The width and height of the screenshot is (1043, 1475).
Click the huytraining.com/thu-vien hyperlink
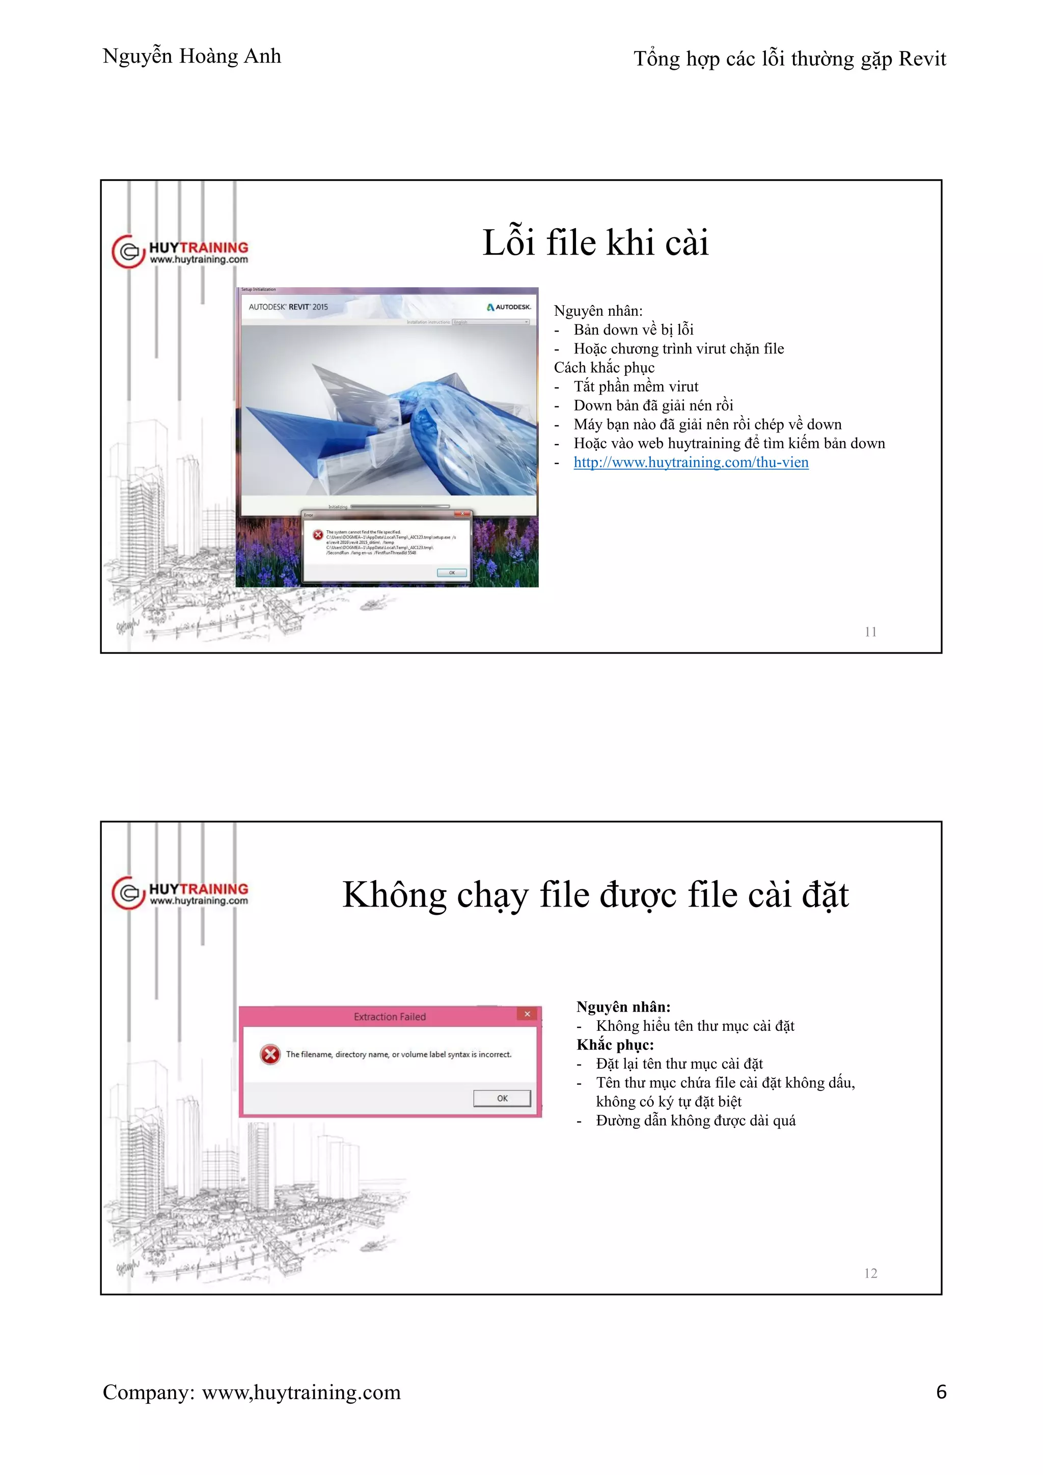coord(691,462)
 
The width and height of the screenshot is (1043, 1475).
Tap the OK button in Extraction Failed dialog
coord(502,1099)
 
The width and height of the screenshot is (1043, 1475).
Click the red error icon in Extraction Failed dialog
coord(270,1054)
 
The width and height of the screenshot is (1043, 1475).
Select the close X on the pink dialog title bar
coord(527,1015)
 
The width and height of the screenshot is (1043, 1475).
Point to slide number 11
coord(870,632)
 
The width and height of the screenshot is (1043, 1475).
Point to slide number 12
coord(870,1273)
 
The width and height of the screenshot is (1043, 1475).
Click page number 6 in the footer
coord(941,1392)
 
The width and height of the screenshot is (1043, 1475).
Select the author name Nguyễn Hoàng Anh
coord(191,57)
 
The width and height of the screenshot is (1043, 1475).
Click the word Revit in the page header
coord(922,59)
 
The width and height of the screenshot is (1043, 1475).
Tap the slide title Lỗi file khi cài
coord(595,243)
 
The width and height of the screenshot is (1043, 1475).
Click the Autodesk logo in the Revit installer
coord(509,307)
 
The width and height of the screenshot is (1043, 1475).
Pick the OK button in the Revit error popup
coord(452,572)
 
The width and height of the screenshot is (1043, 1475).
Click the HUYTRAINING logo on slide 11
coord(180,252)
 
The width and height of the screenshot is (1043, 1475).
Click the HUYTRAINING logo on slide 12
coord(180,893)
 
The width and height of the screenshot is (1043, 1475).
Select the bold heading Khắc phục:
coord(615,1045)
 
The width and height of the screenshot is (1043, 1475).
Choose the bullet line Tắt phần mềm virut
coord(635,387)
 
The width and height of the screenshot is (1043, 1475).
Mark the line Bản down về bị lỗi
coord(633,330)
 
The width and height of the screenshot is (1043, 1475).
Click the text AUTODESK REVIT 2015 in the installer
coord(288,307)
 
